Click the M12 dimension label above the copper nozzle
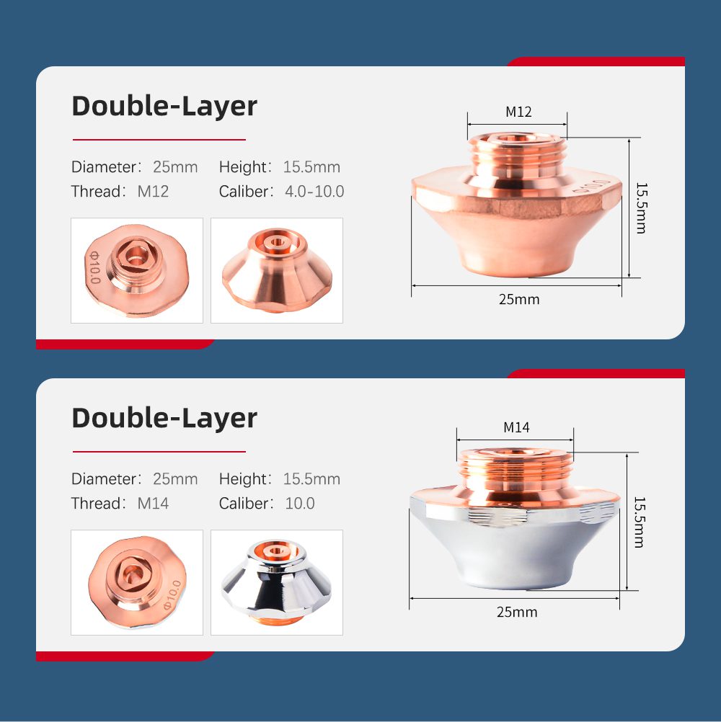tap(518, 112)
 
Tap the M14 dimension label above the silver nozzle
tap(516, 427)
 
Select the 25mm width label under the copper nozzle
tap(519, 299)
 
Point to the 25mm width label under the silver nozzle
tap(517, 612)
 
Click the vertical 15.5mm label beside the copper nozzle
tap(642, 208)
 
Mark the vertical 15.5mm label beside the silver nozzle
tap(640, 522)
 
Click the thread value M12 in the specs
tap(153, 192)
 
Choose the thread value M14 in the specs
tap(153, 504)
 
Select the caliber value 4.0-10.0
tap(314, 192)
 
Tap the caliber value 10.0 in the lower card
tap(300, 504)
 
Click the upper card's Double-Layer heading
tap(164, 107)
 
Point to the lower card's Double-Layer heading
tap(164, 419)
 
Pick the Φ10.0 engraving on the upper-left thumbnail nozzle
tap(94, 267)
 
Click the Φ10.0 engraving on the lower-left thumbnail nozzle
tap(173, 594)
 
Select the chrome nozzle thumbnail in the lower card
tap(276, 582)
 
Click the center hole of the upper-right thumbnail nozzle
tap(277, 242)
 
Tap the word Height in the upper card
tap(243, 166)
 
